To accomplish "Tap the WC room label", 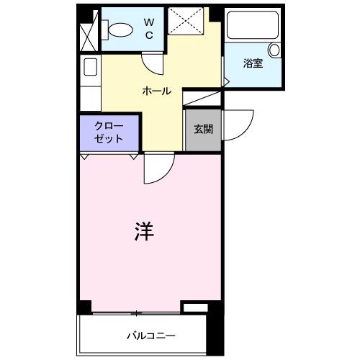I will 149,29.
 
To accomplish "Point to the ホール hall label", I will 157,91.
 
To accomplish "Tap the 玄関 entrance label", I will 202,130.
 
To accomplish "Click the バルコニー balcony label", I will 151,336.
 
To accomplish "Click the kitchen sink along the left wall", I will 91,67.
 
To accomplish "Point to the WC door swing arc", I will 152,63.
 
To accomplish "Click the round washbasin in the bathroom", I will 274,50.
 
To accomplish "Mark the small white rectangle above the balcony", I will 194,307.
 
